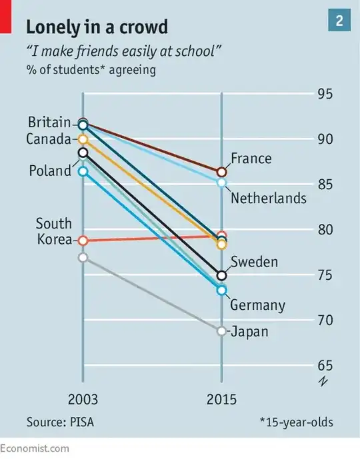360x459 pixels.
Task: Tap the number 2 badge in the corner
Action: tap(339, 21)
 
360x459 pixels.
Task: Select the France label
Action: tap(251, 159)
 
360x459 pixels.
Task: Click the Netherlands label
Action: tap(268, 198)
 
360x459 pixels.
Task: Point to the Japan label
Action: tap(249, 331)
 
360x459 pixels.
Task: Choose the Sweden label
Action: tap(254, 262)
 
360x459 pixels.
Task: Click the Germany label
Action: tap(257, 306)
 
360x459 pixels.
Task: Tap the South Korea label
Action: tap(53, 231)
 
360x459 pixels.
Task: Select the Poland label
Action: tap(49, 171)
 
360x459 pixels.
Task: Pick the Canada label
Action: tap(48, 139)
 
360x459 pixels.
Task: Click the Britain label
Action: tap(49, 123)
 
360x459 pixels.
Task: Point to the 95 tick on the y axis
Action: tap(325, 93)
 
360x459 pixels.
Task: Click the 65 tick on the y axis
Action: tap(325, 366)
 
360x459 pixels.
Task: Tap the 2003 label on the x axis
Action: tap(83, 400)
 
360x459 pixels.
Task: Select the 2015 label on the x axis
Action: tap(222, 400)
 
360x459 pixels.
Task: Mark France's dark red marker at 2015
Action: tap(222, 173)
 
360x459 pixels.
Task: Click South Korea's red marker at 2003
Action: tap(83, 240)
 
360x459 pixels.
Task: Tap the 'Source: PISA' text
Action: tap(61, 422)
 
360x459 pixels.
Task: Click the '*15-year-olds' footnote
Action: tap(296, 422)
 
